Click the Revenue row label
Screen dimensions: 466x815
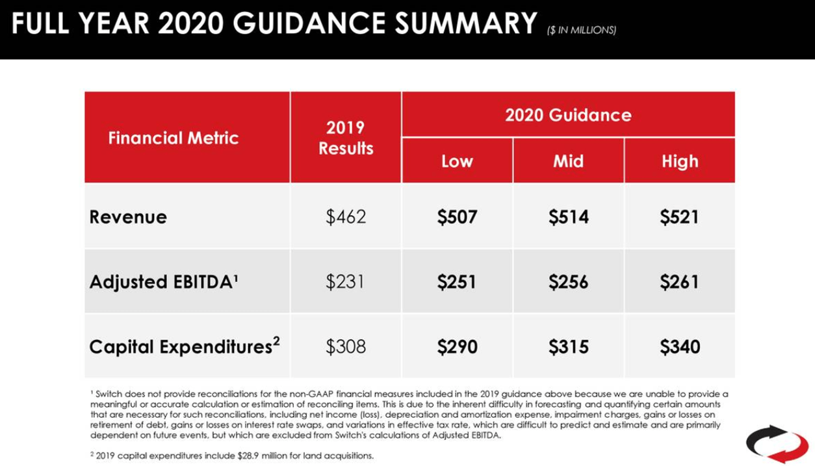click(x=128, y=216)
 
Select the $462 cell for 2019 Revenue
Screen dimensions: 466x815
click(x=346, y=216)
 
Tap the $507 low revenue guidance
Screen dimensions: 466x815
click(x=457, y=216)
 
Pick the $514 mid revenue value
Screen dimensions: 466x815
click(x=569, y=216)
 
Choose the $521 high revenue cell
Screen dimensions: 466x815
click(x=679, y=216)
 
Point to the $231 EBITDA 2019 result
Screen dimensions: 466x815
click(x=346, y=281)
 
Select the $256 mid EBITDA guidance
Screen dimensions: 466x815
click(x=569, y=281)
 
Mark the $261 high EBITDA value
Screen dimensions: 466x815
click(x=679, y=281)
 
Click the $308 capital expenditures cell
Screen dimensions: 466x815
click(x=346, y=346)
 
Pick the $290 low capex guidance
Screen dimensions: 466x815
click(x=457, y=346)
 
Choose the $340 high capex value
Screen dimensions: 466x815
click(x=680, y=346)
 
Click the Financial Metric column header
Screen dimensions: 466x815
click(x=174, y=138)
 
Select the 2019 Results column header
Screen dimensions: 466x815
click(x=346, y=138)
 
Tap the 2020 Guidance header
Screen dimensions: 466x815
click(x=568, y=115)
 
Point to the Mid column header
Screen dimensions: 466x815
click(x=568, y=161)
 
